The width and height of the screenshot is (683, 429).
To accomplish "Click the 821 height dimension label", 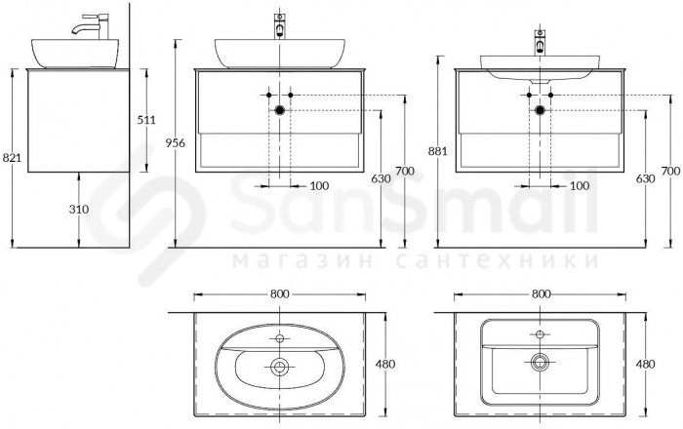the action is click(12, 157).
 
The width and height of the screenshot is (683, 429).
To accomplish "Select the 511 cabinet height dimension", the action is click(146, 120).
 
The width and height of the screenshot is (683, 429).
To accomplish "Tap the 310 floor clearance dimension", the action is click(79, 210).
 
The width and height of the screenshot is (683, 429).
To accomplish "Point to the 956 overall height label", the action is click(175, 142).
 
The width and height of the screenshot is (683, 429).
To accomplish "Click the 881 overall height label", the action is click(438, 151).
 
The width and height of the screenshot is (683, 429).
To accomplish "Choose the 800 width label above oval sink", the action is click(279, 294).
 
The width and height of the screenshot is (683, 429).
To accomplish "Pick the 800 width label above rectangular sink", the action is click(541, 294).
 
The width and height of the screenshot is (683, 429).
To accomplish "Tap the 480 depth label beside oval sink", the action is click(385, 364).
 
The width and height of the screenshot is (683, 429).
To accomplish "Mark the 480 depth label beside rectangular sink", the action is click(646, 364).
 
